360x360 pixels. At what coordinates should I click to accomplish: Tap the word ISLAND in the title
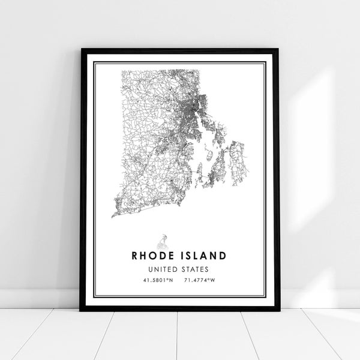pyautogui.click(x=205, y=255)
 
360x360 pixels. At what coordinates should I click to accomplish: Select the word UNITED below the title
pyautogui.click(x=166, y=269)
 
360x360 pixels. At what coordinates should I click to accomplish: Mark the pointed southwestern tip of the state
pyautogui.click(x=113, y=215)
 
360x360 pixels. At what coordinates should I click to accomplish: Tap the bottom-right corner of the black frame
pyautogui.click(x=278, y=310)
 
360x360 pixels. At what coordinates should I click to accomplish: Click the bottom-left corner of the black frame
pyautogui.click(x=81, y=310)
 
